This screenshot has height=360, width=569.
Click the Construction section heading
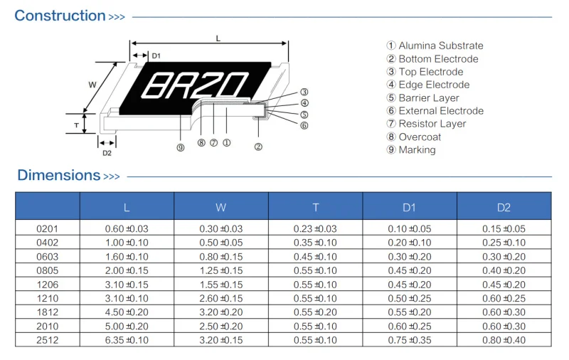(x=60, y=16)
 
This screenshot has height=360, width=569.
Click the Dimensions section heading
(x=58, y=175)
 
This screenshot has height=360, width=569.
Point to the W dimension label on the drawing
(x=92, y=85)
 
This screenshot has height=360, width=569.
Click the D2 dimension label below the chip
(x=107, y=153)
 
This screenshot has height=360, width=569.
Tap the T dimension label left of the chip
(x=76, y=125)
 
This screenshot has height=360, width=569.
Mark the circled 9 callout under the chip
(x=181, y=147)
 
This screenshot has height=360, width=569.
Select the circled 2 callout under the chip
(x=258, y=147)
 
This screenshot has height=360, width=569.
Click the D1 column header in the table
(x=409, y=208)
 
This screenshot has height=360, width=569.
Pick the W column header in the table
(x=220, y=208)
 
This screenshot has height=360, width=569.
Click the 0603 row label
(x=47, y=256)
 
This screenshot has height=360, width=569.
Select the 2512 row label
(x=47, y=340)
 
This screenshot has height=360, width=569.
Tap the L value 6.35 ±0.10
(x=127, y=340)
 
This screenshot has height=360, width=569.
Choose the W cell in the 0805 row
(x=220, y=270)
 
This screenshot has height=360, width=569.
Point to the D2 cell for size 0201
(x=504, y=228)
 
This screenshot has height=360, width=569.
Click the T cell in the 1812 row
(x=315, y=312)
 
